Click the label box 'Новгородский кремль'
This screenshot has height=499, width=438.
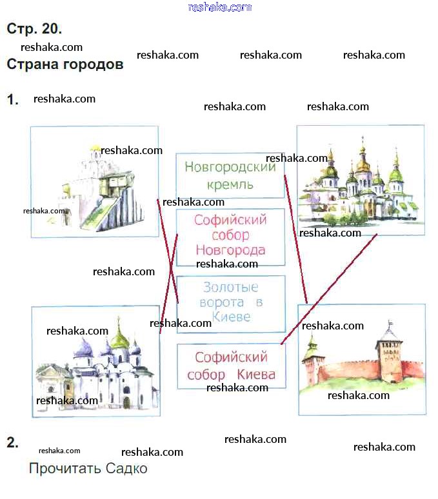(230, 175)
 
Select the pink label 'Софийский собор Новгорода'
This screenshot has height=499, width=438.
(230, 236)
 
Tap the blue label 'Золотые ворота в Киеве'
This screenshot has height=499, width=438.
(230, 303)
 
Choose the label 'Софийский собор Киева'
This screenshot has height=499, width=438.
(231, 366)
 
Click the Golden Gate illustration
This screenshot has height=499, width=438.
(94, 182)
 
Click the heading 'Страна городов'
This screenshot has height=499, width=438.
(65, 65)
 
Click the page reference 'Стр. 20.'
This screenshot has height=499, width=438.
(34, 29)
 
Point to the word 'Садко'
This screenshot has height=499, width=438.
(127, 469)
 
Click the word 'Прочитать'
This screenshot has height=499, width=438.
(65, 469)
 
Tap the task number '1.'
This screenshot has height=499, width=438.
(13, 99)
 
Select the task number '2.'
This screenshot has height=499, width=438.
(13, 442)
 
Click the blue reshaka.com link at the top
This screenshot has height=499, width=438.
(219, 7)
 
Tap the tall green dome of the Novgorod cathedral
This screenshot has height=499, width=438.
(120, 337)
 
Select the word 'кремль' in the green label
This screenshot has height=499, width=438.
(230, 184)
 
